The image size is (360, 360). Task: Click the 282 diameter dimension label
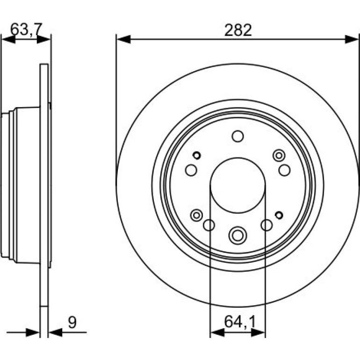pos(238,30)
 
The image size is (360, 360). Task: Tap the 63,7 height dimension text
pos(26,29)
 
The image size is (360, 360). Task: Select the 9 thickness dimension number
pos(72,323)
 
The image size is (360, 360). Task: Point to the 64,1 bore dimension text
pos(240,322)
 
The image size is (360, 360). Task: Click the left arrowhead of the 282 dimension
pos(124,39)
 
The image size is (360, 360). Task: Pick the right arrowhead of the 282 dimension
pos(352,39)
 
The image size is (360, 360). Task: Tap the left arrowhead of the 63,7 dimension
pos(8,39)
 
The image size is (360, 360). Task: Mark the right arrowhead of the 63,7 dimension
pos(43,39)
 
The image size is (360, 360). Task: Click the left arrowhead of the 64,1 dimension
pos(217,332)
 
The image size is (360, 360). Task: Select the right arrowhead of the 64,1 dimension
pos(258,332)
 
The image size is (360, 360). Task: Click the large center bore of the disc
pos(238,185)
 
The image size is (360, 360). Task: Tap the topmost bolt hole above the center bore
pos(238,136)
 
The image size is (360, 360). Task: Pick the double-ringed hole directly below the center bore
pos(238,235)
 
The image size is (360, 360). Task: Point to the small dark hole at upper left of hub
pos(196,155)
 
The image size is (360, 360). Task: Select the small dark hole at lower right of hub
pos(279,215)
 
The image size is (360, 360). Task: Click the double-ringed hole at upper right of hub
pos(279,156)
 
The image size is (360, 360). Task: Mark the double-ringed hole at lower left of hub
pos(196,216)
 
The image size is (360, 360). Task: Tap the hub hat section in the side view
pos(21,185)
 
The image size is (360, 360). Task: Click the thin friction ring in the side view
pos(44,185)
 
